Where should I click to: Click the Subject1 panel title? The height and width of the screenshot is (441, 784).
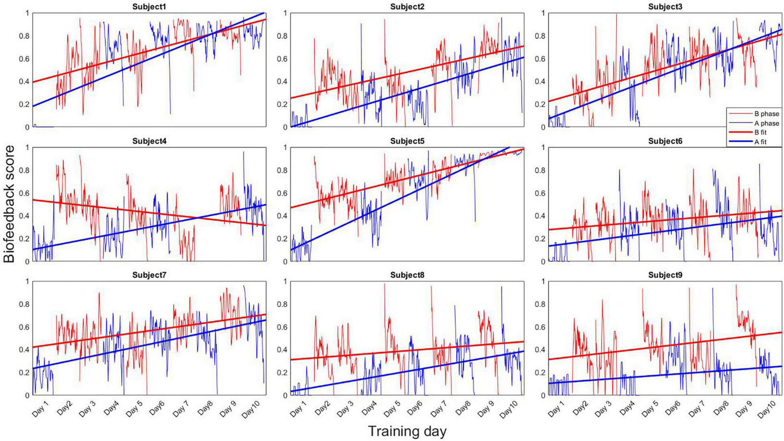pyautogui.click(x=149, y=7)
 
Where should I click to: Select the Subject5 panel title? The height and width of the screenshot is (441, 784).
pyautogui.click(x=407, y=141)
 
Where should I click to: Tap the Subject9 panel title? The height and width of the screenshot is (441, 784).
pyautogui.click(x=665, y=275)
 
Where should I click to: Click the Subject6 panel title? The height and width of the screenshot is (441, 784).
pyautogui.click(x=665, y=141)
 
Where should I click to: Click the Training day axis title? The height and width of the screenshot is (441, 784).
pyautogui.click(x=407, y=431)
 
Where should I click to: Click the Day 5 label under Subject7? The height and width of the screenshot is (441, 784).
pyautogui.click(x=134, y=409)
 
